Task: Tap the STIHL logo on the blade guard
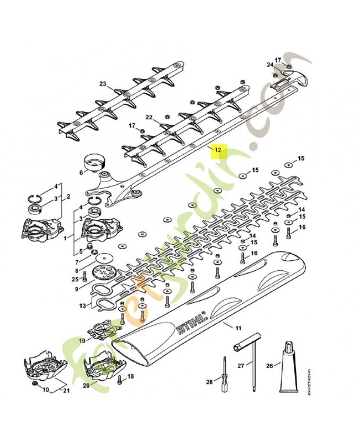(191, 324)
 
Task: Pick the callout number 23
(102, 84)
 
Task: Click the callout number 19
(81, 341)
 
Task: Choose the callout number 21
(67, 392)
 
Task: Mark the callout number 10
(45, 391)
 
